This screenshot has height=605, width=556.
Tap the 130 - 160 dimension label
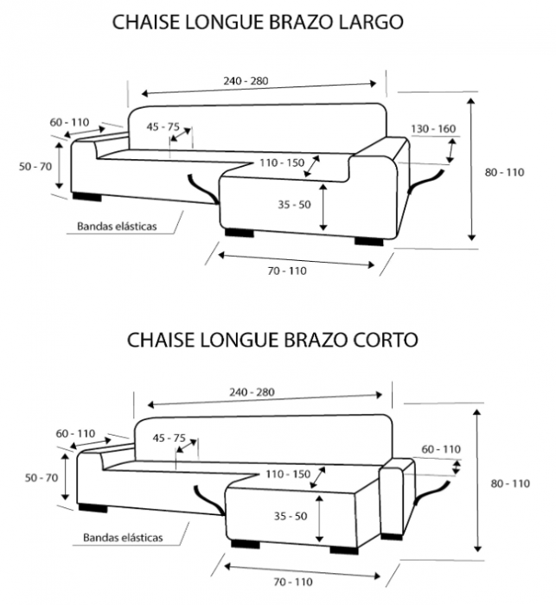[x=432, y=129]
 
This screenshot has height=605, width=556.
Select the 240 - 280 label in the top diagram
[x=246, y=81]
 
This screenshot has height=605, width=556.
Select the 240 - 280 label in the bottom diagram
[x=252, y=392]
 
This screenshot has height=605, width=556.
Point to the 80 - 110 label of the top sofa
[x=504, y=172]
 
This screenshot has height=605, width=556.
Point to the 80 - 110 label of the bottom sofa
[x=509, y=483]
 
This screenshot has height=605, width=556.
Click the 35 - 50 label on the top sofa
[x=294, y=205]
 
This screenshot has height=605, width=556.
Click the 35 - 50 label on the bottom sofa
[x=291, y=516]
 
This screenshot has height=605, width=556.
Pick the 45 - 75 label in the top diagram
[x=163, y=127]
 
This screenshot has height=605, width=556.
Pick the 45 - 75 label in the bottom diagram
[x=169, y=438]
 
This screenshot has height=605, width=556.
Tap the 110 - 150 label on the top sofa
[x=281, y=162]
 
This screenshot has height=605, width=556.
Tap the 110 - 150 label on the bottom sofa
[x=288, y=474]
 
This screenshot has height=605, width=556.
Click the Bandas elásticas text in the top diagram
[x=116, y=227]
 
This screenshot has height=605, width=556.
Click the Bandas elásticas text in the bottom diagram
[x=123, y=538]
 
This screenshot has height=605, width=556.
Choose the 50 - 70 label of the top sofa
[x=35, y=166]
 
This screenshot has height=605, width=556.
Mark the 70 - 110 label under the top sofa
[x=287, y=271]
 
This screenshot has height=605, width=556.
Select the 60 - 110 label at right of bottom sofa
[x=441, y=449]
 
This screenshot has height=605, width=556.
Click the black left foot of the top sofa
[x=87, y=197]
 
